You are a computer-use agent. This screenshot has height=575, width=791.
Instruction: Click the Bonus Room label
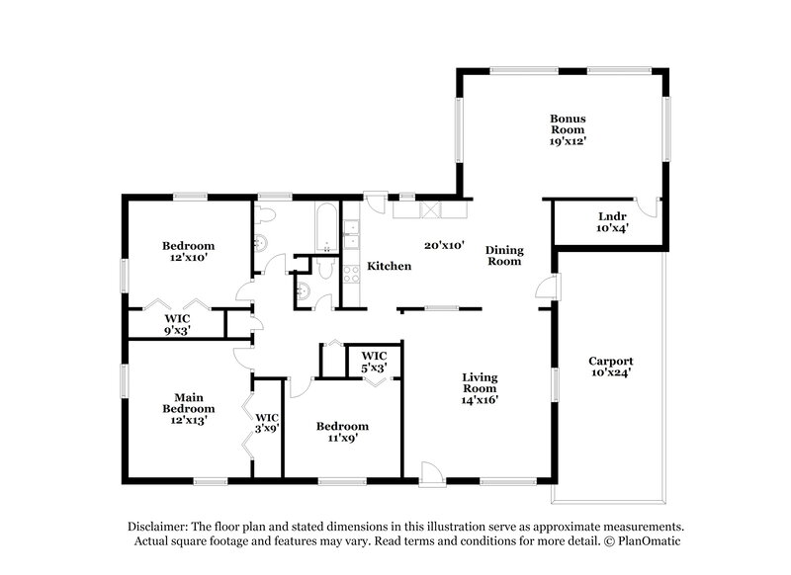pyautogui.click(x=569, y=123)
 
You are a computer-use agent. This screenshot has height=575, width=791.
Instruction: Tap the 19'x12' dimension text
pyautogui.click(x=569, y=141)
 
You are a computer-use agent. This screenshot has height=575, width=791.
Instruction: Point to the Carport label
pyautogui.click(x=610, y=361)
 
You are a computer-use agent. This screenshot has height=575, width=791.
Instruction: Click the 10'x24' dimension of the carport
pyautogui.click(x=610, y=373)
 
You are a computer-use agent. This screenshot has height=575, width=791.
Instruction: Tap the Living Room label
pyautogui.click(x=481, y=382)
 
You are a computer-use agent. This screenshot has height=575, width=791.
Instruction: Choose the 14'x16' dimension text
pyautogui.click(x=481, y=400)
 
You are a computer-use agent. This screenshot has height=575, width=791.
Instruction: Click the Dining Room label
pyautogui.click(x=504, y=256)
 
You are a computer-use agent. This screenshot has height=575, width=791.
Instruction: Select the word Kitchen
pyautogui.click(x=389, y=266)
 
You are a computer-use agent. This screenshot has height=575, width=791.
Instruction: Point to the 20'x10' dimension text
pyautogui.click(x=444, y=244)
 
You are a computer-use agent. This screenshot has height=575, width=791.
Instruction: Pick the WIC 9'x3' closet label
pyautogui.click(x=177, y=325)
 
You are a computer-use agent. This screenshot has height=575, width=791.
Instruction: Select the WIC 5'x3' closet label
pyautogui.click(x=374, y=361)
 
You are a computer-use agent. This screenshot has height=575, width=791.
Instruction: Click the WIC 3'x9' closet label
pyautogui.click(x=268, y=424)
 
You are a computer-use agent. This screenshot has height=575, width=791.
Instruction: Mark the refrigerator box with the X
pyautogui.click(x=431, y=208)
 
